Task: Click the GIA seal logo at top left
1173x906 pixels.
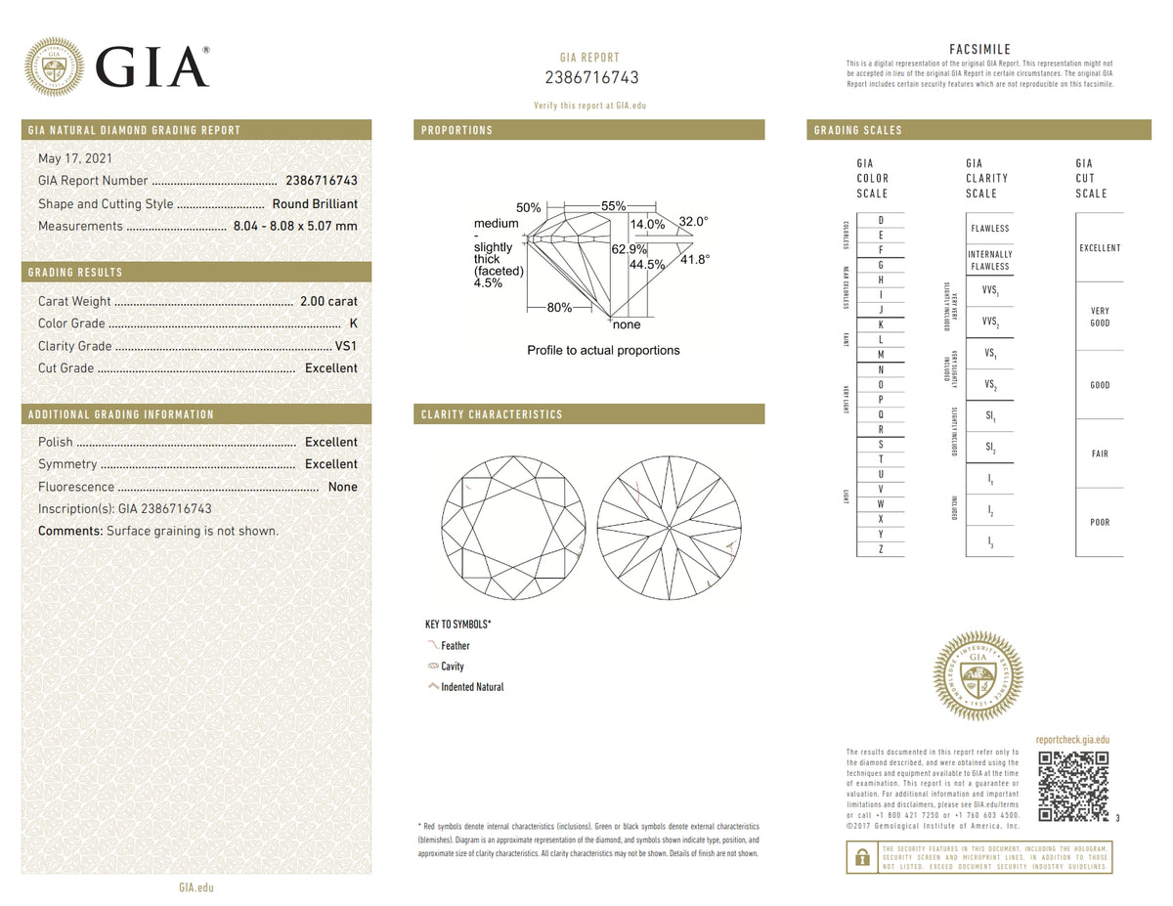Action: click(x=54, y=66)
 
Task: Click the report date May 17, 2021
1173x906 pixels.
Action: click(x=73, y=158)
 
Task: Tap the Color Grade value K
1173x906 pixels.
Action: click(x=352, y=324)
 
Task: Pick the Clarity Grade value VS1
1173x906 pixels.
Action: click(x=346, y=346)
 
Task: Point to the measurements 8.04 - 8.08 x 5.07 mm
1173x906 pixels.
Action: click(x=295, y=226)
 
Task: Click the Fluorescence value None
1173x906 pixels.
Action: click(x=342, y=487)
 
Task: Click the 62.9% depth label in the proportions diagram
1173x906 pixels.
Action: click(x=630, y=249)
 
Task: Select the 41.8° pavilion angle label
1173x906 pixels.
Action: click(x=695, y=259)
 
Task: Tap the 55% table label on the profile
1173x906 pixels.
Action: click(x=613, y=206)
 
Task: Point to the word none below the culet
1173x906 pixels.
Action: click(x=626, y=324)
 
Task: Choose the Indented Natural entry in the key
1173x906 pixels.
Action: click(x=472, y=687)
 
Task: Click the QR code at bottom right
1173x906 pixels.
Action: click(x=1072, y=786)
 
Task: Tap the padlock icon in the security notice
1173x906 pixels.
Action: click(x=861, y=857)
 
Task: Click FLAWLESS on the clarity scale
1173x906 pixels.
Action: click(x=989, y=229)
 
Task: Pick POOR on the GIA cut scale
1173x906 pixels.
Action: click(x=1100, y=522)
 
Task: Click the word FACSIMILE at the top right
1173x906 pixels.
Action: click(x=979, y=50)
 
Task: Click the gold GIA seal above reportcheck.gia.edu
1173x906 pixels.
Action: click(x=979, y=675)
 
